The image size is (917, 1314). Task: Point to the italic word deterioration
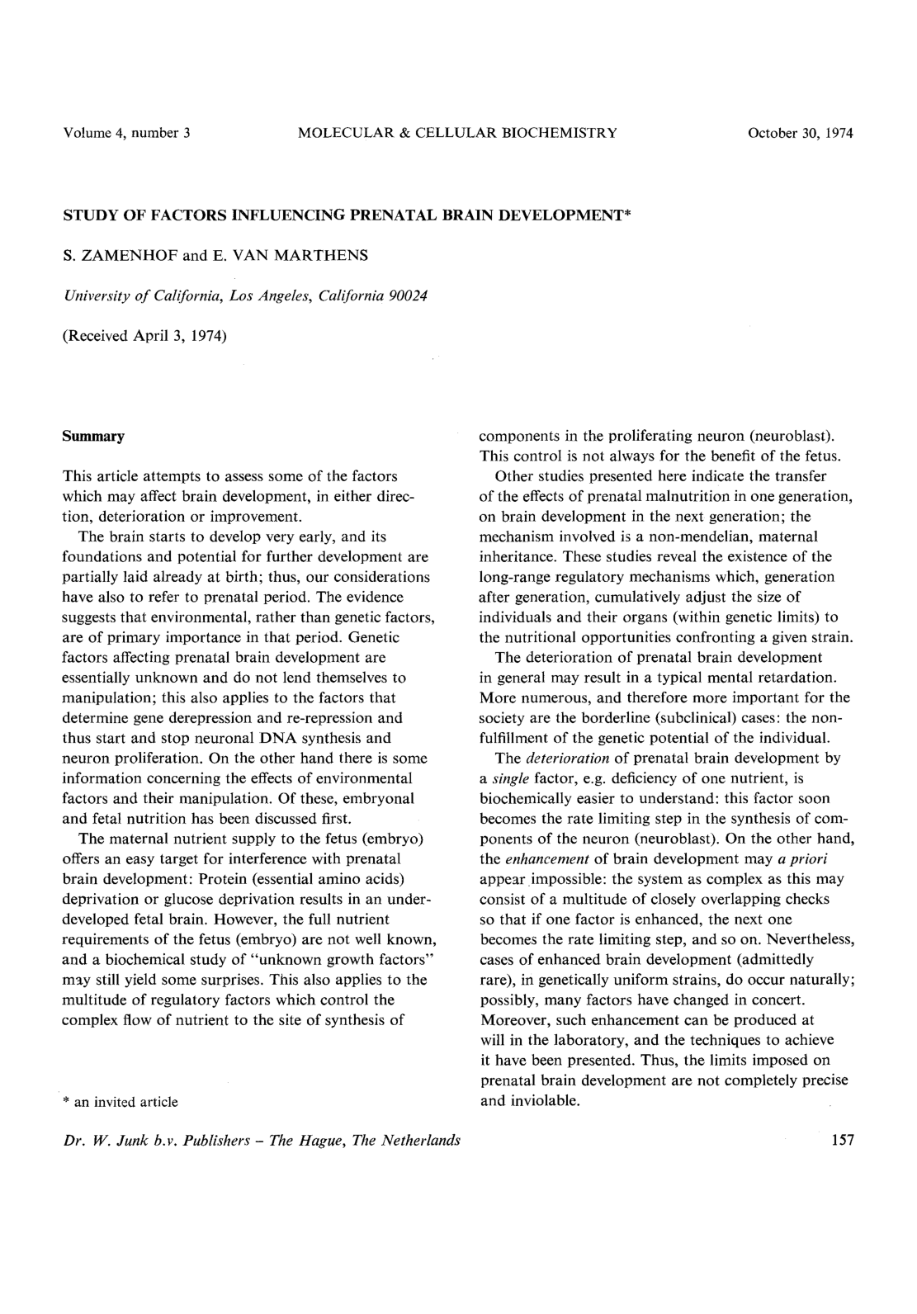(568, 758)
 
